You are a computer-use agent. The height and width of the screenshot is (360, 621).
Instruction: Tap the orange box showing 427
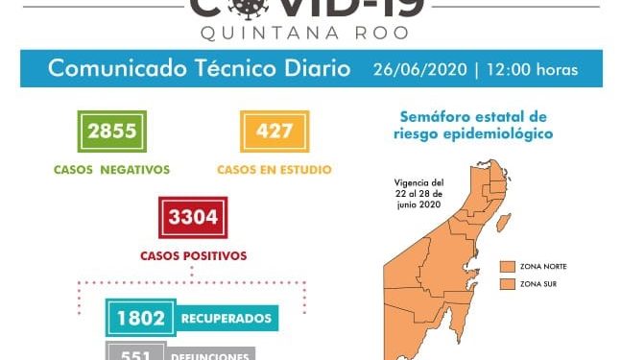[x=274, y=131]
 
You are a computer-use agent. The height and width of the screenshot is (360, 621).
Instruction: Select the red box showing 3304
[x=193, y=218]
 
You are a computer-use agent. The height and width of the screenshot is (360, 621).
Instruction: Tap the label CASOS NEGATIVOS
[x=113, y=170]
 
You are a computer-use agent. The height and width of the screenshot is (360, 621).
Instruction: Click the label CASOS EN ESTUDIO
[x=274, y=170]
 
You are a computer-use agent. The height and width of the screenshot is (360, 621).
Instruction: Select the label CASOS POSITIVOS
[x=193, y=256]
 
